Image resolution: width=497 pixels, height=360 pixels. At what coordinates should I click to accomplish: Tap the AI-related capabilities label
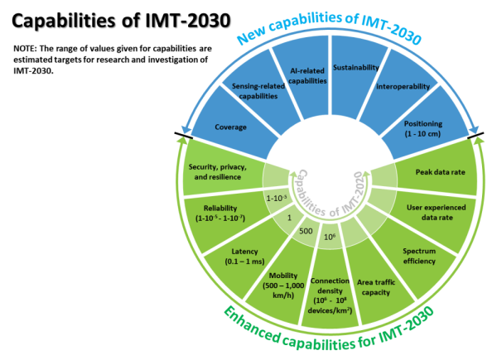(x=302, y=75)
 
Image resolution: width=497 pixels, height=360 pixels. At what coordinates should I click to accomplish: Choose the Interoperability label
(x=403, y=85)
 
